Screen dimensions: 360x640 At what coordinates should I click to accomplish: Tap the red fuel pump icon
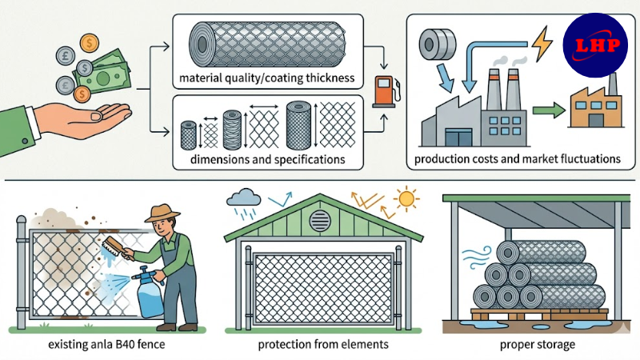tap(384, 90)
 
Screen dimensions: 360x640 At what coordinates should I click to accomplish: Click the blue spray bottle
tap(151, 293)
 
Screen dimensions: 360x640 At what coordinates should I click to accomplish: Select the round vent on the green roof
tap(320, 222)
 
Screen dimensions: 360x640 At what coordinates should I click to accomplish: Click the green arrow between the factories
tap(546, 110)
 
